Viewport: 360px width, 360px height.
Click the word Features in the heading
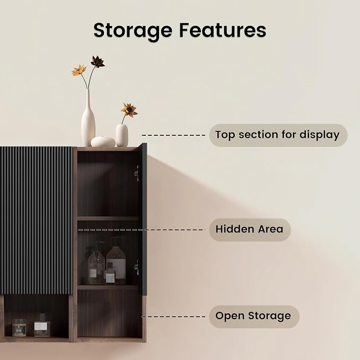click(x=223, y=30)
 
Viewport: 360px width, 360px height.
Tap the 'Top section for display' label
click(x=278, y=135)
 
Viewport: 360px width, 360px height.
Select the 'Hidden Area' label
click(x=250, y=230)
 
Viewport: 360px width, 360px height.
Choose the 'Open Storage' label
click(x=254, y=317)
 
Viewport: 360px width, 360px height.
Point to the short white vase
click(x=122, y=135)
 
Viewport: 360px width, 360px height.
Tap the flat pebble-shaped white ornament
click(x=103, y=142)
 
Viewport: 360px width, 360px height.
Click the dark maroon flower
click(x=98, y=62)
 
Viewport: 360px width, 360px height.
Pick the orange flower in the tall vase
click(x=79, y=70)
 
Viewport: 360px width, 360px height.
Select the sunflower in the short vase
click(x=129, y=110)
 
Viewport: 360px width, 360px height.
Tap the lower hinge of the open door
click(x=137, y=267)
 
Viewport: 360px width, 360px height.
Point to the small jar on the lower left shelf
click(x=19, y=328)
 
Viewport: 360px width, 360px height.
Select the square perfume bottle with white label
click(x=42, y=326)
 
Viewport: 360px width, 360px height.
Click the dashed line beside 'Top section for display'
click(x=173, y=135)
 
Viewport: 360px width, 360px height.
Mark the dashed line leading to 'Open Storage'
click(x=173, y=317)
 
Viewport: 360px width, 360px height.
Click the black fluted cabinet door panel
click(x=36, y=221)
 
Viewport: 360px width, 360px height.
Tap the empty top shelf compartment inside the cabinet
click(x=108, y=183)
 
